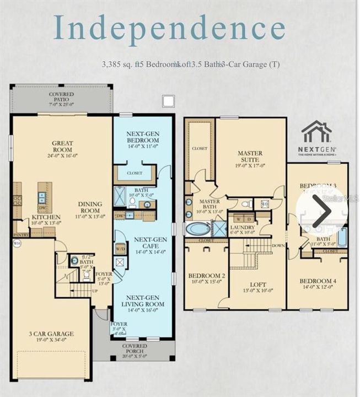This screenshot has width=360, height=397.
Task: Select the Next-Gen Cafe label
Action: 143,243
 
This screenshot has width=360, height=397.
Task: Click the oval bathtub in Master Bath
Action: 197,229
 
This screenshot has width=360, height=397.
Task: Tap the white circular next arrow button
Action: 321,210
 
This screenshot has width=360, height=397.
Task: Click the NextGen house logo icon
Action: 316,132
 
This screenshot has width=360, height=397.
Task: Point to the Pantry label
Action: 20,234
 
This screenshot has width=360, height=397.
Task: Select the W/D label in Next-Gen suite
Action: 120,249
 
